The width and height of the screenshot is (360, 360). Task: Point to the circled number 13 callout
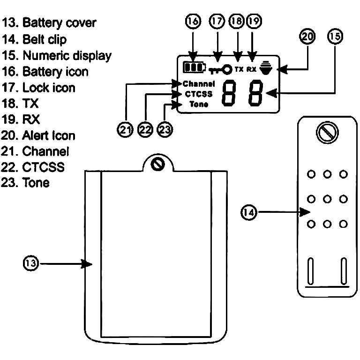pyautogui.click(x=31, y=264)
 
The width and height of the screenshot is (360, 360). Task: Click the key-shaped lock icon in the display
pyautogui.click(x=221, y=70)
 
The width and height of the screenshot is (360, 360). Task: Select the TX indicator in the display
pyautogui.click(x=239, y=69)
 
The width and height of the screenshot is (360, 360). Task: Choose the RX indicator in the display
pyautogui.click(x=252, y=69)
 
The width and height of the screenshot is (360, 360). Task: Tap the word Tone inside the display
pyautogui.click(x=199, y=104)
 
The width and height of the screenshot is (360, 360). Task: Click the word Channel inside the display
pyautogui.click(x=199, y=84)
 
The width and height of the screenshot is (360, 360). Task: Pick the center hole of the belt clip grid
pyautogui.click(x=327, y=199)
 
